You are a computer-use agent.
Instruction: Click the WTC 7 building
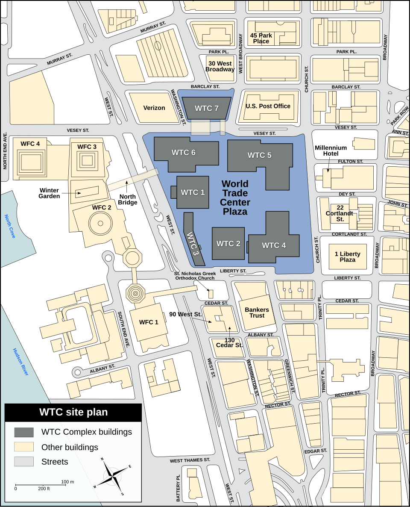click(x=207, y=109)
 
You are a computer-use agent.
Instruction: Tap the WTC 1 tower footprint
click(x=193, y=192)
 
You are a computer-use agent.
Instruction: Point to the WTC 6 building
click(x=184, y=153)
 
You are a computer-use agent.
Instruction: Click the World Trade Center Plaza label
click(x=235, y=197)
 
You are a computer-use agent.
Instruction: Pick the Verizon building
click(x=154, y=108)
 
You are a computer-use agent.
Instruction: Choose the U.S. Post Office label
click(x=268, y=106)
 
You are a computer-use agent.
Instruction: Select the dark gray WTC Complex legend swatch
click(x=24, y=432)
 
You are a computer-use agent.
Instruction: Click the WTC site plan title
click(x=73, y=412)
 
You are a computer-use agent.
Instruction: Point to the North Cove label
click(x=10, y=226)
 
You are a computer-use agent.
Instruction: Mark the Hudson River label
click(x=20, y=362)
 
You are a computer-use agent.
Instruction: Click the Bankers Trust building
click(x=257, y=312)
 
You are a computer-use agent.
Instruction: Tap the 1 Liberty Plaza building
click(x=347, y=257)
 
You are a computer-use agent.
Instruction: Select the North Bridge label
click(x=127, y=200)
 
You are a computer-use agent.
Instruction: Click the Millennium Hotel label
click(x=331, y=150)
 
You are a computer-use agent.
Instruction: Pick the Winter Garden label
click(x=49, y=193)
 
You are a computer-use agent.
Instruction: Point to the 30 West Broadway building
click(x=220, y=67)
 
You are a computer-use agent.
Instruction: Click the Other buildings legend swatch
click(x=24, y=447)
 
